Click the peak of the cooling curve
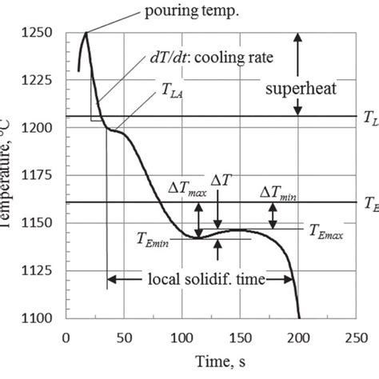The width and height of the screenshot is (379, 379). click(x=86, y=32)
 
